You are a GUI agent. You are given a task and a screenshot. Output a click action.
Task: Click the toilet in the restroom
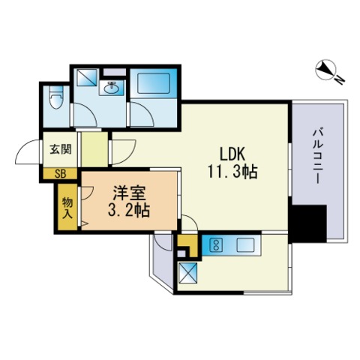(x=56, y=98)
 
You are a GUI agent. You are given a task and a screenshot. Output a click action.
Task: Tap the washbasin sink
(x=111, y=88)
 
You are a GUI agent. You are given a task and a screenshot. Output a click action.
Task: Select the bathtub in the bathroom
(x=154, y=83)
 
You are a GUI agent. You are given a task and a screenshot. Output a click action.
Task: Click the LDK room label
(x=232, y=154)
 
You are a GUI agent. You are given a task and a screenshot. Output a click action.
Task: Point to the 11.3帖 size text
(x=232, y=172)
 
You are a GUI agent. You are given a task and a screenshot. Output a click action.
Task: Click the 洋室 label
(x=129, y=193)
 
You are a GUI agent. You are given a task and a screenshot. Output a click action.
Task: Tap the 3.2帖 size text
(x=129, y=210)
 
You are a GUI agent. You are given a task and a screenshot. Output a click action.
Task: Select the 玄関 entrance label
(x=61, y=149)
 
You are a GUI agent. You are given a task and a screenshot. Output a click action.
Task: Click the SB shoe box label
(x=60, y=174)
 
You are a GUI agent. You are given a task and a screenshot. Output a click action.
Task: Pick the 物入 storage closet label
(x=67, y=208)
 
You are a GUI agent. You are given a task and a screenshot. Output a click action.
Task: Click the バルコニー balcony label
(x=317, y=156)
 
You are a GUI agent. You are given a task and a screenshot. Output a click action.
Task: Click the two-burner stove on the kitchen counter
(x=216, y=244)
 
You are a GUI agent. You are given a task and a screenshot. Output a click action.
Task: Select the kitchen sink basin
(x=245, y=244)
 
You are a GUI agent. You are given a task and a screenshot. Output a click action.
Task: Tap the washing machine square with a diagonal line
(x=86, y=77)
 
